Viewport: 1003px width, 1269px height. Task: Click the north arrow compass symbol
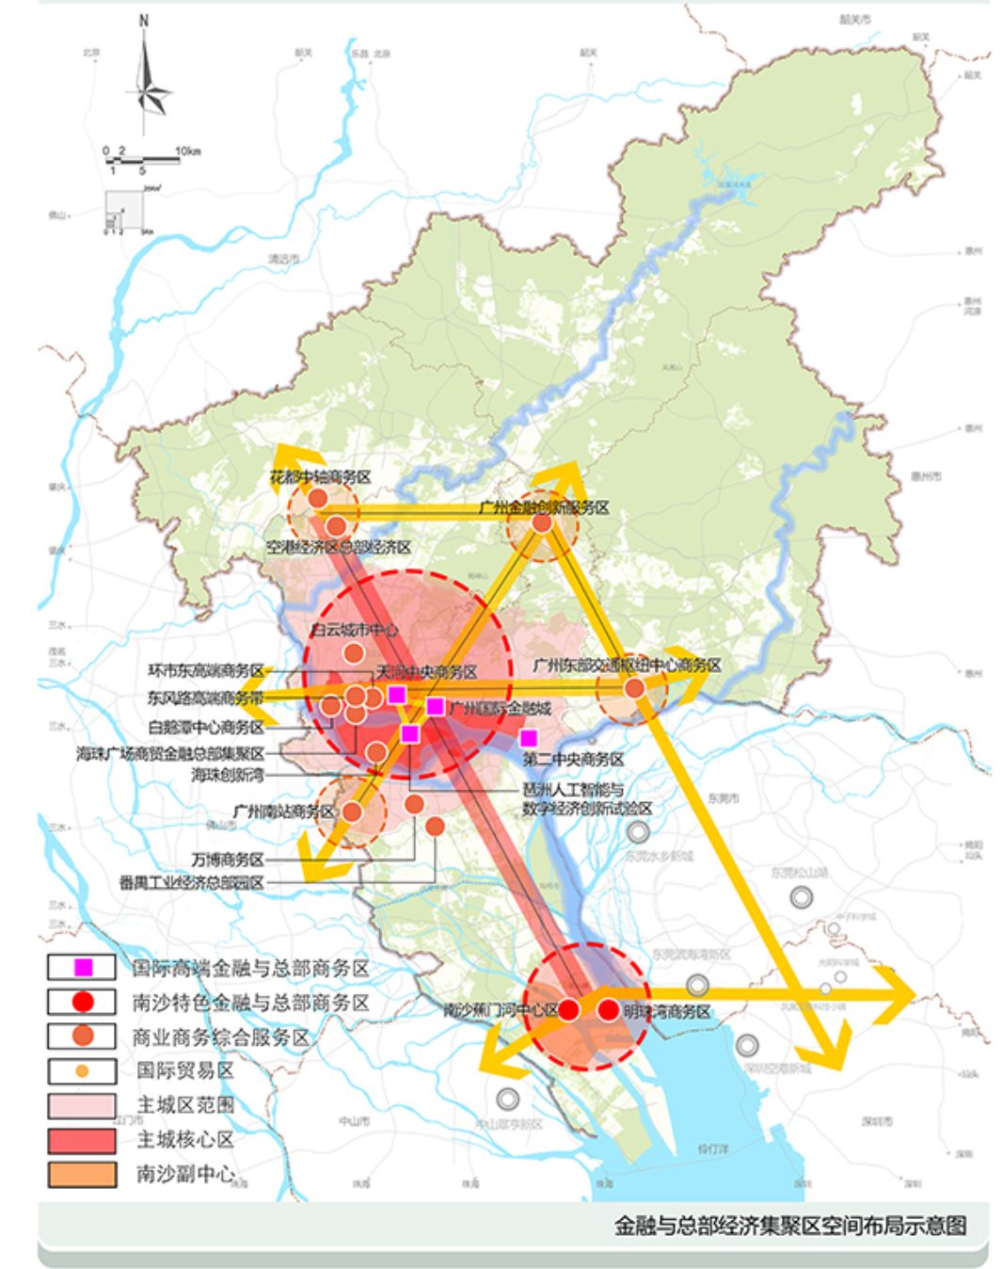tap(147, 75)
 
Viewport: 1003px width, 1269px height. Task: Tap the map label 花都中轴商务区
tap(321, 477)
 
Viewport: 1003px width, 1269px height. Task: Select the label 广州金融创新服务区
tap(544, 507)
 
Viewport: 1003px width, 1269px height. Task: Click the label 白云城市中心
tap(354, 631)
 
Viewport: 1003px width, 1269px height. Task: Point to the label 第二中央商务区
tap(573, 759)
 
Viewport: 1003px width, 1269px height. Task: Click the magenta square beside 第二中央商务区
tap(529, 738)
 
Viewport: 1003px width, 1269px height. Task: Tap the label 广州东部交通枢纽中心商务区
tap(627, 665)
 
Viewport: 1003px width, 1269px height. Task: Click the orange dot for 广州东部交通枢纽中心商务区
tap(635, 688)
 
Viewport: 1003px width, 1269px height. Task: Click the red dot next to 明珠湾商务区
tap(608, 1010)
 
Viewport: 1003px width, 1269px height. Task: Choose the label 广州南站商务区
tap(283, 811)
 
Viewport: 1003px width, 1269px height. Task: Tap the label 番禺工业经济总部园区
tap(191, 883)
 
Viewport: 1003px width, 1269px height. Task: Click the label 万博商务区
tap(227, 859)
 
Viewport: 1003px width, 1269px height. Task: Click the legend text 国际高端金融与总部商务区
tap(250, 968)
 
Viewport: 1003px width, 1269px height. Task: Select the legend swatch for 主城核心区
tap(82, 1140)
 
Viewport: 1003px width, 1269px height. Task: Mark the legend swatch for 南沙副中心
tap(82, 1174)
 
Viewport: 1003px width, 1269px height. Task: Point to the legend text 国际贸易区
tap(184, 1070)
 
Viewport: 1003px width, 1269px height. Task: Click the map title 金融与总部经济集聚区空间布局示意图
tap(789, 1225)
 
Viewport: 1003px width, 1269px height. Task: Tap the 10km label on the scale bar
tap(187, 151)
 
